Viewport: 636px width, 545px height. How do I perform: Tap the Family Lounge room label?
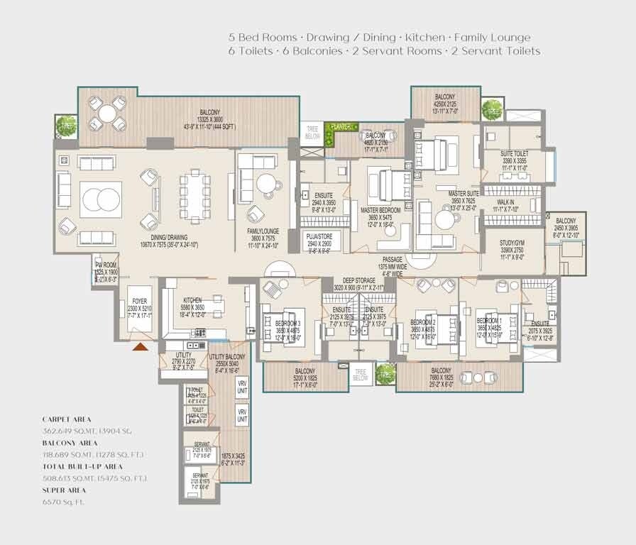(x=263, y=231)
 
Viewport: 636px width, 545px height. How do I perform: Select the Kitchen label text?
(x=193, y=301)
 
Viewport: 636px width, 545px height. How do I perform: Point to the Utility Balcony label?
(x=227, y=356)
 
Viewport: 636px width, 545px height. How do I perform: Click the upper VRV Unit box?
(x=241, y=388)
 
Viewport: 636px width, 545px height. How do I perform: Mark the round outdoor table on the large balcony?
(x=111, y=112)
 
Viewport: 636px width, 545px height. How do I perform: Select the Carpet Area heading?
(x=67, y=419)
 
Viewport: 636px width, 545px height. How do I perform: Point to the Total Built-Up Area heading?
(x=82, y=466)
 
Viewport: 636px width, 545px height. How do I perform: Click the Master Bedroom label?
(x=381, y=211)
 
